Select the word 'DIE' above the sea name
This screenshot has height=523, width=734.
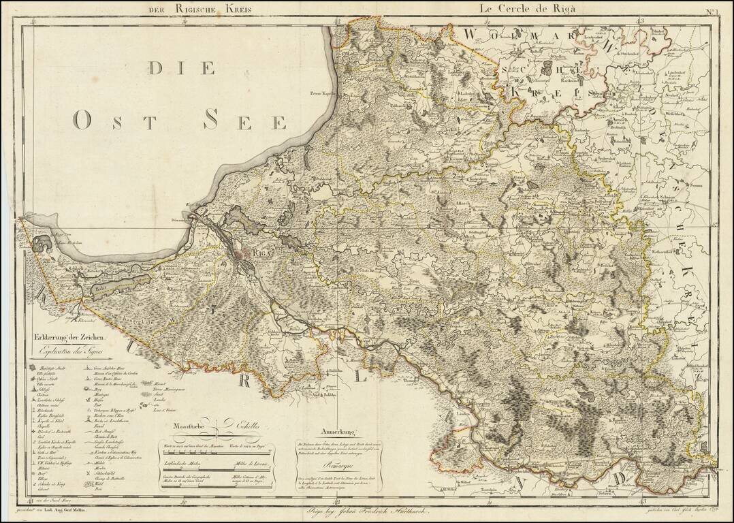click(x=182, y=68)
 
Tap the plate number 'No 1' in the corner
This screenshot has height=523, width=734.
click(x=711, y=10)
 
